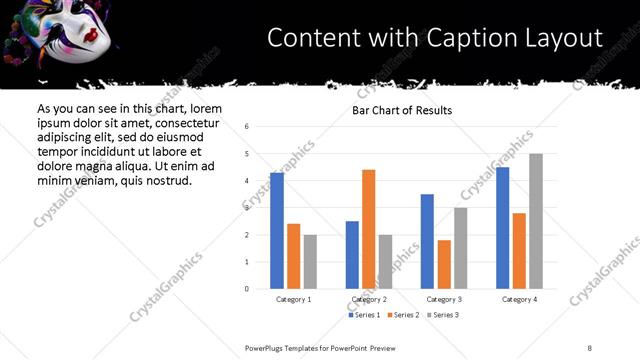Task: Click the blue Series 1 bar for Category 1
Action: pos(277,231)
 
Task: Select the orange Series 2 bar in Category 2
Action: pos(368,229)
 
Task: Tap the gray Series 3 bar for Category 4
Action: pos(536,221)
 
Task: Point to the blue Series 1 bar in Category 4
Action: pos(502,228)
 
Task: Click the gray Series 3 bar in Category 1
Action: pos(310,262)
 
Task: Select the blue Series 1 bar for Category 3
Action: pos(427,241)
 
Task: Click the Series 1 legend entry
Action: pos(364,315)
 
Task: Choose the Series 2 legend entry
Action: pos(402,315)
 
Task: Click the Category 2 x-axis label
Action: pos(369,299)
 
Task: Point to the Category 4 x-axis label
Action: pos(519,299)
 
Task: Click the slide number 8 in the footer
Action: pos(590,347)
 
